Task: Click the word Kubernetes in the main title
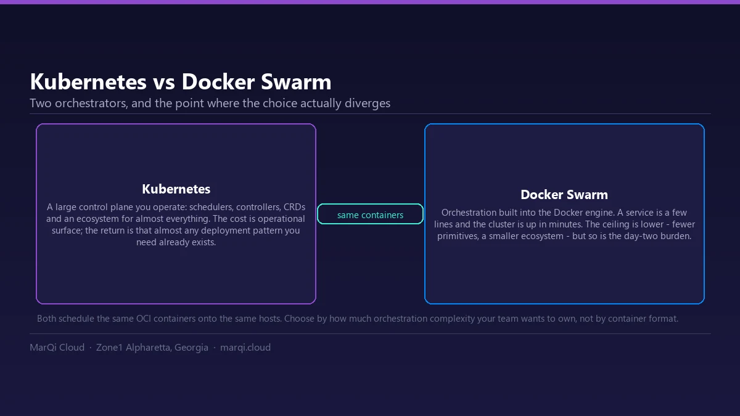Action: click(x=88, y=81)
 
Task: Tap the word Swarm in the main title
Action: click(x=296, y=81)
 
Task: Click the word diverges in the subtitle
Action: click(x=368, y=104)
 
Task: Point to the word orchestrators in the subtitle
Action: click(x=91, y=104)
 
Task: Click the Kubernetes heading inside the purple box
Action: click(x=176, y=189)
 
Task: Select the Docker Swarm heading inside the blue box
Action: click(x=564, y=195)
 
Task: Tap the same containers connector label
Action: click(x=370, y=215)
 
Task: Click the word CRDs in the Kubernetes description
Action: click(x=294, y=207)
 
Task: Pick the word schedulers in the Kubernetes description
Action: click(x=211, y=207)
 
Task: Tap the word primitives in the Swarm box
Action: click(x=458, y=237)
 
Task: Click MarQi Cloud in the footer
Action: click(x=57, y=348)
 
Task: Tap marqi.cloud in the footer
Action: click(x=245, y=348)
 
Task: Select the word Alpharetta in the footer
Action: click(x=149, y=348)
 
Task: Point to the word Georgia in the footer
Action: click(x=191, y=348)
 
